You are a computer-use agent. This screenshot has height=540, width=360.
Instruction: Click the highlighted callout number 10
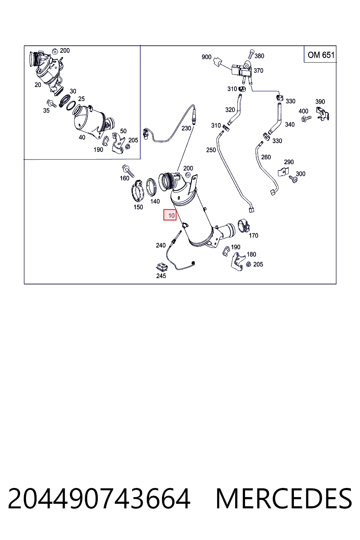171,215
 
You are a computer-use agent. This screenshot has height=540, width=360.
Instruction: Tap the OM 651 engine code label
321,55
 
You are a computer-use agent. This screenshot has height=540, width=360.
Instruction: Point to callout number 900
206,57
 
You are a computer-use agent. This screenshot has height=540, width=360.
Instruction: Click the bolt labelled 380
251,54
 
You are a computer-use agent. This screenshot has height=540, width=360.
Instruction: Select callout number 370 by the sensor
258,71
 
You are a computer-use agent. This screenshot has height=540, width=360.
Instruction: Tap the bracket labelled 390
322,114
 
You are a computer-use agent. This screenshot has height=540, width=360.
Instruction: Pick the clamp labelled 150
138,192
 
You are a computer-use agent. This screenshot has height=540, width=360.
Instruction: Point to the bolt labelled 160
128,171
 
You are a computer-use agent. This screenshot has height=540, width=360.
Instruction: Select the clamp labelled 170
243,226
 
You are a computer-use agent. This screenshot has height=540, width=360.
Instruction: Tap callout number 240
161,245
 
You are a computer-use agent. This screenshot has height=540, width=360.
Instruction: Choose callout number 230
186,128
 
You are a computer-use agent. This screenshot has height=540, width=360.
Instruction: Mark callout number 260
266,157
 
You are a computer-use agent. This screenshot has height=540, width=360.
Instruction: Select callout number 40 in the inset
82,137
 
